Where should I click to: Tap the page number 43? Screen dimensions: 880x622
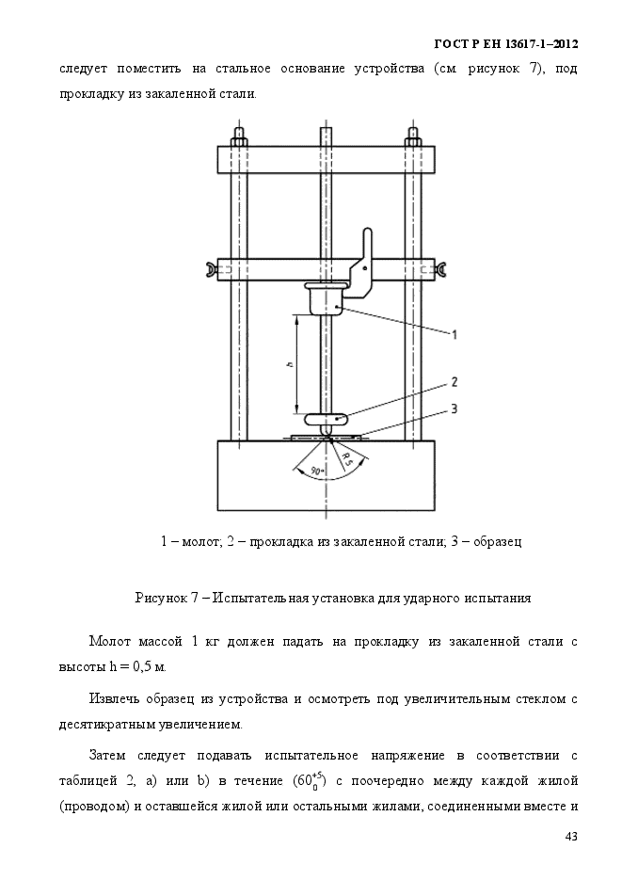[x=570, y=837]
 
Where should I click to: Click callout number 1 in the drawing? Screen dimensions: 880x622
[x=455, y=334]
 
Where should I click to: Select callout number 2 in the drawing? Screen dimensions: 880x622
[x=454, y=383]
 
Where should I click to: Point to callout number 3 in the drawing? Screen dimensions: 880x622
[x=454, y=408]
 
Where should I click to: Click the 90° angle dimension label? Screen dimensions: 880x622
[x=317, y=469]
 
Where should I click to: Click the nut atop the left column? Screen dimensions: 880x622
[x=239, y=136]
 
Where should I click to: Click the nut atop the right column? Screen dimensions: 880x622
[x=414, y=136]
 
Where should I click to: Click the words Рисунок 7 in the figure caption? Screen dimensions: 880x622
[x=167, y=598]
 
